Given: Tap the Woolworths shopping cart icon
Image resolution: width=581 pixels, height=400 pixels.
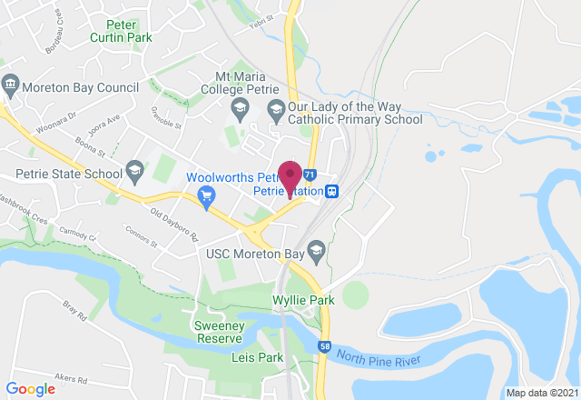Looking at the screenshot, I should click(x=207, y=194).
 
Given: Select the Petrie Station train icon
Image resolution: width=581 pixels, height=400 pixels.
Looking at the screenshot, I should click(x=333, y=192).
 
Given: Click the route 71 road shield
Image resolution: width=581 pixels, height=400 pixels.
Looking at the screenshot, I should click(x=310, y=174).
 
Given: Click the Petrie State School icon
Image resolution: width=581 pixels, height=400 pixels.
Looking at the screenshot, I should click(x=133, y=170).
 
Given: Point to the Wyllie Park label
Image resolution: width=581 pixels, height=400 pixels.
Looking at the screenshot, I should click(x=303, y=300).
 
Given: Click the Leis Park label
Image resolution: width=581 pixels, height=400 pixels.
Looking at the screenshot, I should click(x=251, y=357).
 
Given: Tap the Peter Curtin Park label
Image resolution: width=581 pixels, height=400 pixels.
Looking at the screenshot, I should click(x=122, y=31).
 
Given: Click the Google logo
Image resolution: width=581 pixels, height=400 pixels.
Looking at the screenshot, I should click(x=31, y=388).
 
